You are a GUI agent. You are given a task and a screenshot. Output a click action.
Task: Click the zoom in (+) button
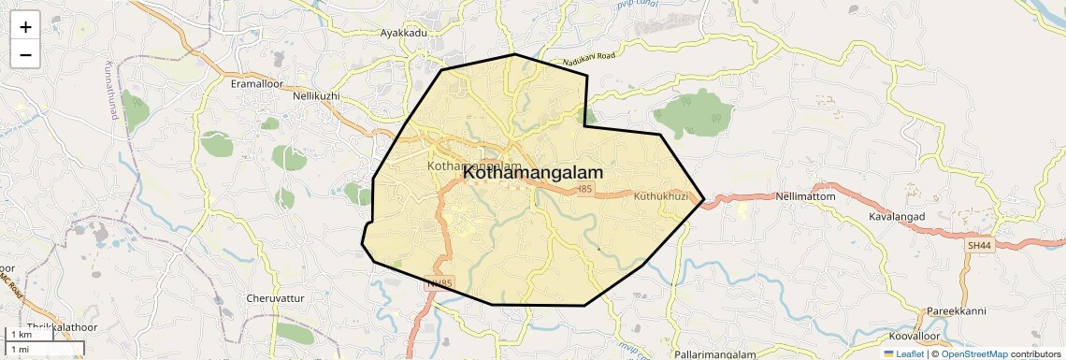25,27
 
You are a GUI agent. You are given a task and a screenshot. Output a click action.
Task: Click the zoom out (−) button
25,55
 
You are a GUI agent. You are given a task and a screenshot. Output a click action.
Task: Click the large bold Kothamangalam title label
533,173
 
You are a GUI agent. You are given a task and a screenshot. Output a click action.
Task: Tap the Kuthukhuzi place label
660,196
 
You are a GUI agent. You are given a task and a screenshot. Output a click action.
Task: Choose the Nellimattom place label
805,197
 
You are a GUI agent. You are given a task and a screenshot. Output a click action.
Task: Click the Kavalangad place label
896,216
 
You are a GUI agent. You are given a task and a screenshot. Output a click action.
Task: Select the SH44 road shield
978,245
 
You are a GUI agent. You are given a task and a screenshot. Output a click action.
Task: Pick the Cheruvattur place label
275,297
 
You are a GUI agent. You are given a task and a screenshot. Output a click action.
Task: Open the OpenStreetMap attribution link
973,353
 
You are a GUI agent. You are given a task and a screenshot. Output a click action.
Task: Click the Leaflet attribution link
902,353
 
